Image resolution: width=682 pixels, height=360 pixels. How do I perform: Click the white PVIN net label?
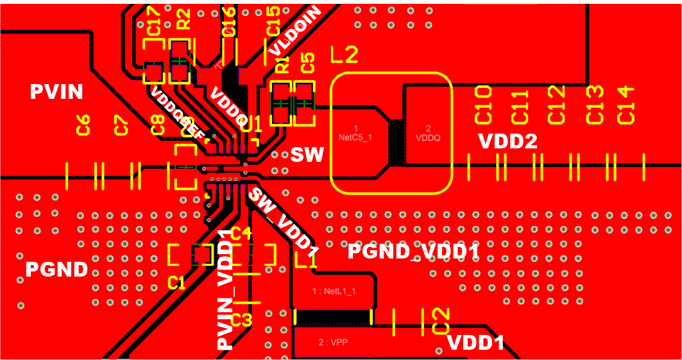[56, 92]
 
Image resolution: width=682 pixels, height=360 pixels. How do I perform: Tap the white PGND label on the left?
[56, 270]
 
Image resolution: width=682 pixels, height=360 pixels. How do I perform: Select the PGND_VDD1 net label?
[413, 252]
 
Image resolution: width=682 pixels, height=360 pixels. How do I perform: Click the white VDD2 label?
[507, 142]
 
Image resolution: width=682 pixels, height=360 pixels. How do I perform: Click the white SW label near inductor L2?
[307, 154]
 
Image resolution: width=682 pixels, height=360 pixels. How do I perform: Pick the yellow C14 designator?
[626, 105]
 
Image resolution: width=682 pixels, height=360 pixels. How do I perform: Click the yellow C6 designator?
[83, 125]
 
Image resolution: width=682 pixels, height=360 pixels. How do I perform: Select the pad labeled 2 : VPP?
[334, 343]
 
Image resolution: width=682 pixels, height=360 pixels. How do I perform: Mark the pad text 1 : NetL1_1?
[334, 291]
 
